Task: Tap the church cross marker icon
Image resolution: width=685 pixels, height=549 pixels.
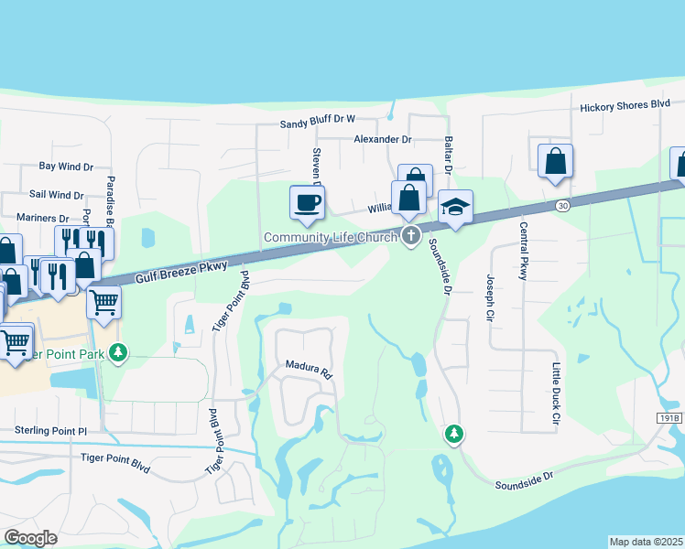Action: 411,236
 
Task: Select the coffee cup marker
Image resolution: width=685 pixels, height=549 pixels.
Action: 307,201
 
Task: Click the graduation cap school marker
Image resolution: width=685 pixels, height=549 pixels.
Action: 454,208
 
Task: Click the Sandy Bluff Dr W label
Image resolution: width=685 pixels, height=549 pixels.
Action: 317,120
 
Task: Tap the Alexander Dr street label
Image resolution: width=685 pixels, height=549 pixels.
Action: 383,139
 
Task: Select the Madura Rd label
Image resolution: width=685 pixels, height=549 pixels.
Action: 307,369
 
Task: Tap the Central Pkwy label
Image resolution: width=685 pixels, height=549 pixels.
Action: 524,251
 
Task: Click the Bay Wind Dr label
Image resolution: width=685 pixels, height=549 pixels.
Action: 66,167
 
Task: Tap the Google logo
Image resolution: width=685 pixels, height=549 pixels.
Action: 31,537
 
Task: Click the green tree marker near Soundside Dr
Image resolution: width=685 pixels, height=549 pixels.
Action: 453,433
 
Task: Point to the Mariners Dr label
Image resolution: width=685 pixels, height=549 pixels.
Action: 43,219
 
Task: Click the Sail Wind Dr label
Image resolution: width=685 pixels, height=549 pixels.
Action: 56,195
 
